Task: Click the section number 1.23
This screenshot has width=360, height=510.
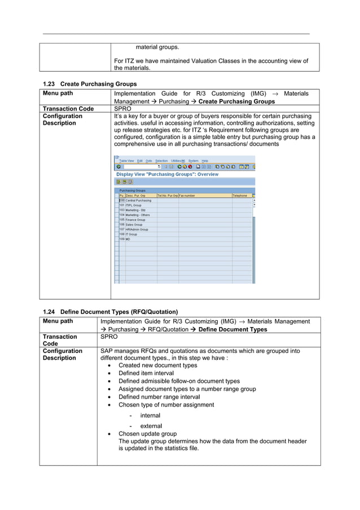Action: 49,84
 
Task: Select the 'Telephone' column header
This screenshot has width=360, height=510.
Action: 240,195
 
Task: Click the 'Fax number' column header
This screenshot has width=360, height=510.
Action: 187,195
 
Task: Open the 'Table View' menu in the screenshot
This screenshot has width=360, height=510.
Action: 126,161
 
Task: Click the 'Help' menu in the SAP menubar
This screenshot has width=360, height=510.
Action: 205,161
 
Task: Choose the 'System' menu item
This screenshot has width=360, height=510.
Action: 193,161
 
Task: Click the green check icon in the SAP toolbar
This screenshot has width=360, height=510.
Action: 118,167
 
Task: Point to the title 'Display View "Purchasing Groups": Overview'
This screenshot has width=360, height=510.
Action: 167,175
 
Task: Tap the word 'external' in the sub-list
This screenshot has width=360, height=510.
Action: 151,426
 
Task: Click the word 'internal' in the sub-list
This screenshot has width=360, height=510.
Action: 150,415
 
